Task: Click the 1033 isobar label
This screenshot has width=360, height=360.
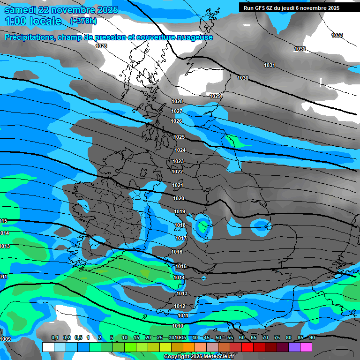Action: click(337, 36)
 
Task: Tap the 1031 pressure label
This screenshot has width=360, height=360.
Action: click(269, 65)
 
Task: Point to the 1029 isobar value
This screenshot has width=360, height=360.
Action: click(215, 96)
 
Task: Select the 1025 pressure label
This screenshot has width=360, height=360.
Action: click(179, 137)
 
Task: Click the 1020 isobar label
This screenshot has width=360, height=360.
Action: click(179, 198)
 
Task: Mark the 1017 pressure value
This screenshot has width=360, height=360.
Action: click(181, 239)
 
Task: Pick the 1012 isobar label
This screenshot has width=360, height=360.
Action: click(180, 306)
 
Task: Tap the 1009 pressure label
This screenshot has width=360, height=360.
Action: click(5, 339)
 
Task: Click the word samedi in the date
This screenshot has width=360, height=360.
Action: click(22, 10)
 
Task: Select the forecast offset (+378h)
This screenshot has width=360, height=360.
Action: click(83, 21)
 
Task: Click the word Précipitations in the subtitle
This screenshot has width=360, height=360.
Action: click(28, 37)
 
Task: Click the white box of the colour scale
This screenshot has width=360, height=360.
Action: click(48, 347)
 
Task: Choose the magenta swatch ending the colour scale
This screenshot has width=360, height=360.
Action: click(306, 347)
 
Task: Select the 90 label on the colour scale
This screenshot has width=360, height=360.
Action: click(312, 338)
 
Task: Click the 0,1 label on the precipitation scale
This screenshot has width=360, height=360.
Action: click(54, 338)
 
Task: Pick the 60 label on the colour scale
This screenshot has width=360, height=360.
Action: click(242, 338)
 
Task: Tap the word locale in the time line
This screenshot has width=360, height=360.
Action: click(45, 21)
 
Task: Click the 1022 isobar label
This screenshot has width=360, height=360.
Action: click(177, 172)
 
